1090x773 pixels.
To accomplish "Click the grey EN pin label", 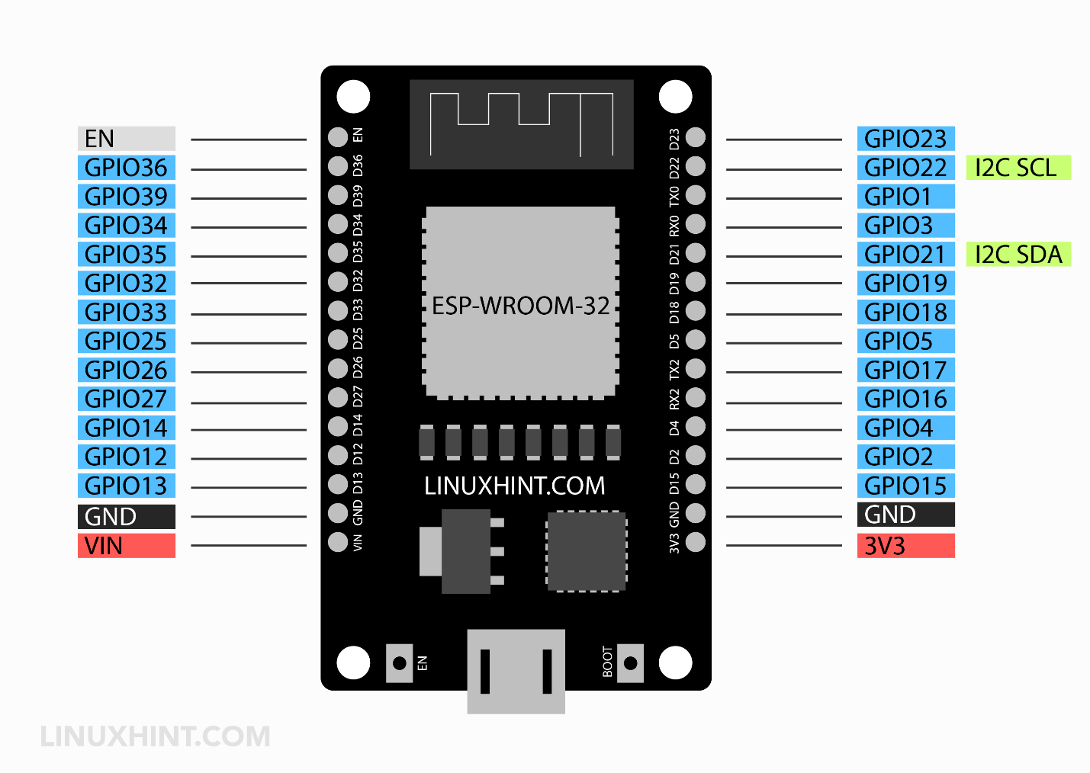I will click(126, 139).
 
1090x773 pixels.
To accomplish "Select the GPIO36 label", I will click(126, 168).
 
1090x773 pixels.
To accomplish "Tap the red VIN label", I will click(126, 546).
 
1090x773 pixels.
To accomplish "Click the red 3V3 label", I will click(905, 546).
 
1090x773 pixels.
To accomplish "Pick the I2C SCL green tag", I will click(1018, 168).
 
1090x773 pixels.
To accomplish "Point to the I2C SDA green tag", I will click(1018, 255).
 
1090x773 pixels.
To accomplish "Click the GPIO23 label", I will click(905, 139).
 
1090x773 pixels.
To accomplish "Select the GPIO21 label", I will click(905, 255).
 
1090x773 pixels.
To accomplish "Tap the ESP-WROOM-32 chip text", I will click(520, 306).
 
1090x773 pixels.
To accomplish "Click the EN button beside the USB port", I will click(399, 662).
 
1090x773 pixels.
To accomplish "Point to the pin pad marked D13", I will click(338, 484).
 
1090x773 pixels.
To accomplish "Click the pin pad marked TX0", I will click(695, 195).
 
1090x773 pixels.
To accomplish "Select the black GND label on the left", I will click(126, 517).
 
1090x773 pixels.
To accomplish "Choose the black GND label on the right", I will click(905, 515).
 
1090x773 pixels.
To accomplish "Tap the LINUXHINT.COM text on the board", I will click(515, 486).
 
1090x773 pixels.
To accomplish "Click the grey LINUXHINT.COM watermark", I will click(155, 736).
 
